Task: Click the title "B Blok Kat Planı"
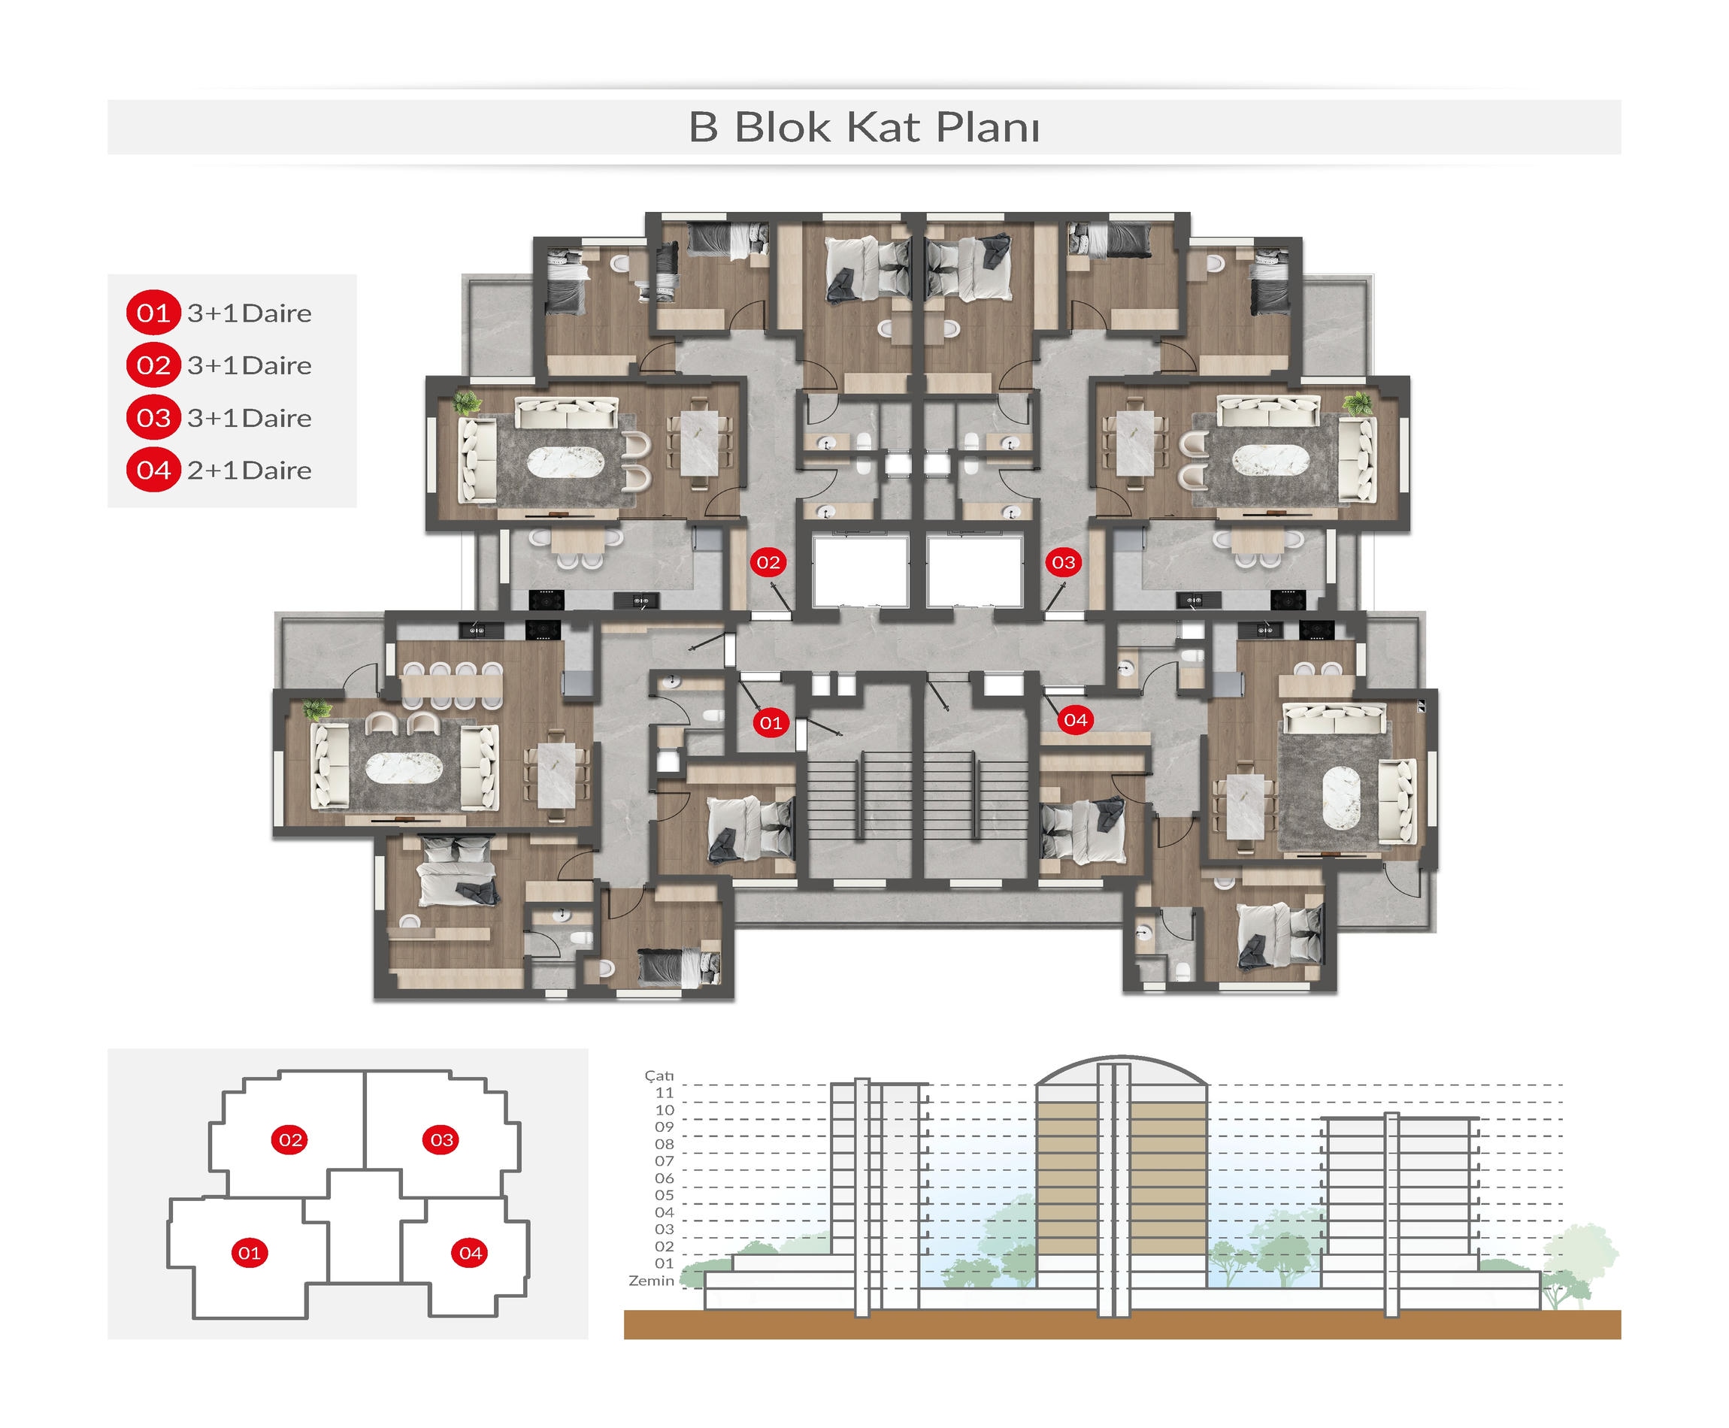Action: (x=864, y=128)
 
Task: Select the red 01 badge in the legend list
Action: (x=153, y=313)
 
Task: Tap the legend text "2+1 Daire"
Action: (x=250, y=470)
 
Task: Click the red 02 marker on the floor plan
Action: (x=768, y=563)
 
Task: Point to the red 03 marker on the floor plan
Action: (x=1064, y=563)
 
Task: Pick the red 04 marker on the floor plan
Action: (x=1075, y=721)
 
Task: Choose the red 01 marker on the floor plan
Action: (x=771, y=723)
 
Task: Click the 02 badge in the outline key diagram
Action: (x=290, y=1140)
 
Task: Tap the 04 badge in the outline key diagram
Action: (x=471, y=1254)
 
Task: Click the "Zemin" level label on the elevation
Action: (x=652, y=1281)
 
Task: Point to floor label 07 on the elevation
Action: (x=665, y=1161)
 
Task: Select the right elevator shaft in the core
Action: (x=975, y=573)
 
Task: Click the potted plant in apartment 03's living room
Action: (x=1357, y=403)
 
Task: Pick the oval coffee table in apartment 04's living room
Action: (x=1343, y=797)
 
